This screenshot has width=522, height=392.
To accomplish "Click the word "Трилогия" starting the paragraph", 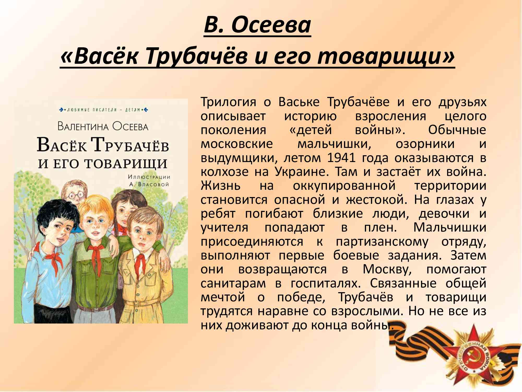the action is pyautogui.click(x=228, y=102).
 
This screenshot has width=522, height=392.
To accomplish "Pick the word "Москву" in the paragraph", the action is pyautogui.click(x=387, y=269).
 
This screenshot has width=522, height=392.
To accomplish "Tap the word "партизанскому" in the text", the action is pyautogui.click(x=382, y=242).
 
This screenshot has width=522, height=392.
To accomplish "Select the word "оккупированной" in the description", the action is pyautogui.click(x=344, y=186).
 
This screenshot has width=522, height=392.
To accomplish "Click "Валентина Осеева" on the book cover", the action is pyautogui.click(x=103, y=126).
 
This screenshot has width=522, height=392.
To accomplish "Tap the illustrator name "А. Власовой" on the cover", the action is pyautogui.click(x=149, y=184).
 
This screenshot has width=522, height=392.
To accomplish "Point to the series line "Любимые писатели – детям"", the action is pyautogui.click(x=104, y=110).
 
